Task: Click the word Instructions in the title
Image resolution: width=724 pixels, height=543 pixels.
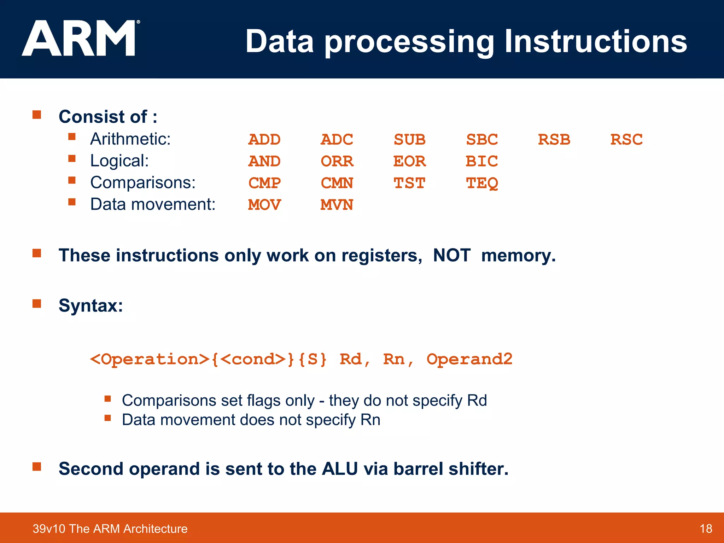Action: click(595, 41)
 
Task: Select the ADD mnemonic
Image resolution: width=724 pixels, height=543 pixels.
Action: click(264, 140)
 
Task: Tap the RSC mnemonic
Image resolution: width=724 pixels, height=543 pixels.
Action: click(626, 140)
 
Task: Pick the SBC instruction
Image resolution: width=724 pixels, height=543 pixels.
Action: click(482, 140)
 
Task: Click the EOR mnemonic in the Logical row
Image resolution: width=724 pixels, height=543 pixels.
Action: click(409, 162)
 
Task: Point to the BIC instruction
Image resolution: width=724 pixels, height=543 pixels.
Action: click(481, 162)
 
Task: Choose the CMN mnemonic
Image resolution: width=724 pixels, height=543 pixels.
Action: click(337, 183)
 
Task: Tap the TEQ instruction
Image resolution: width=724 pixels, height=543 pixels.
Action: click(482, 183)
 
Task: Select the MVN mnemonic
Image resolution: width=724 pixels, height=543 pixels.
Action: click(337, 205)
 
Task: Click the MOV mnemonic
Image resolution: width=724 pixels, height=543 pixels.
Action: click(264, 205)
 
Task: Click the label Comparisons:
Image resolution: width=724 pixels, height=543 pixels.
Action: click(143, 183)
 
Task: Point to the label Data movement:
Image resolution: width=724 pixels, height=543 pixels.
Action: click(153, 204)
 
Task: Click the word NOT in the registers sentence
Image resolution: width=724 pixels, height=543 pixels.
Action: click(451, 255)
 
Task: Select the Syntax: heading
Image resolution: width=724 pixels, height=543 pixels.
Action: click(91, 305)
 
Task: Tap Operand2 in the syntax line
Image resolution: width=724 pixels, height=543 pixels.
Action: click(469, 360)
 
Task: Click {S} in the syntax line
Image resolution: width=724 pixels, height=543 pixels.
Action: click(312, 360)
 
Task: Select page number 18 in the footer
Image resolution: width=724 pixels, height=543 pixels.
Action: click(706, 529)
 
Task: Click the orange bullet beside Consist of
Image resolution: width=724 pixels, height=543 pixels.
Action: click(37, 115)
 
